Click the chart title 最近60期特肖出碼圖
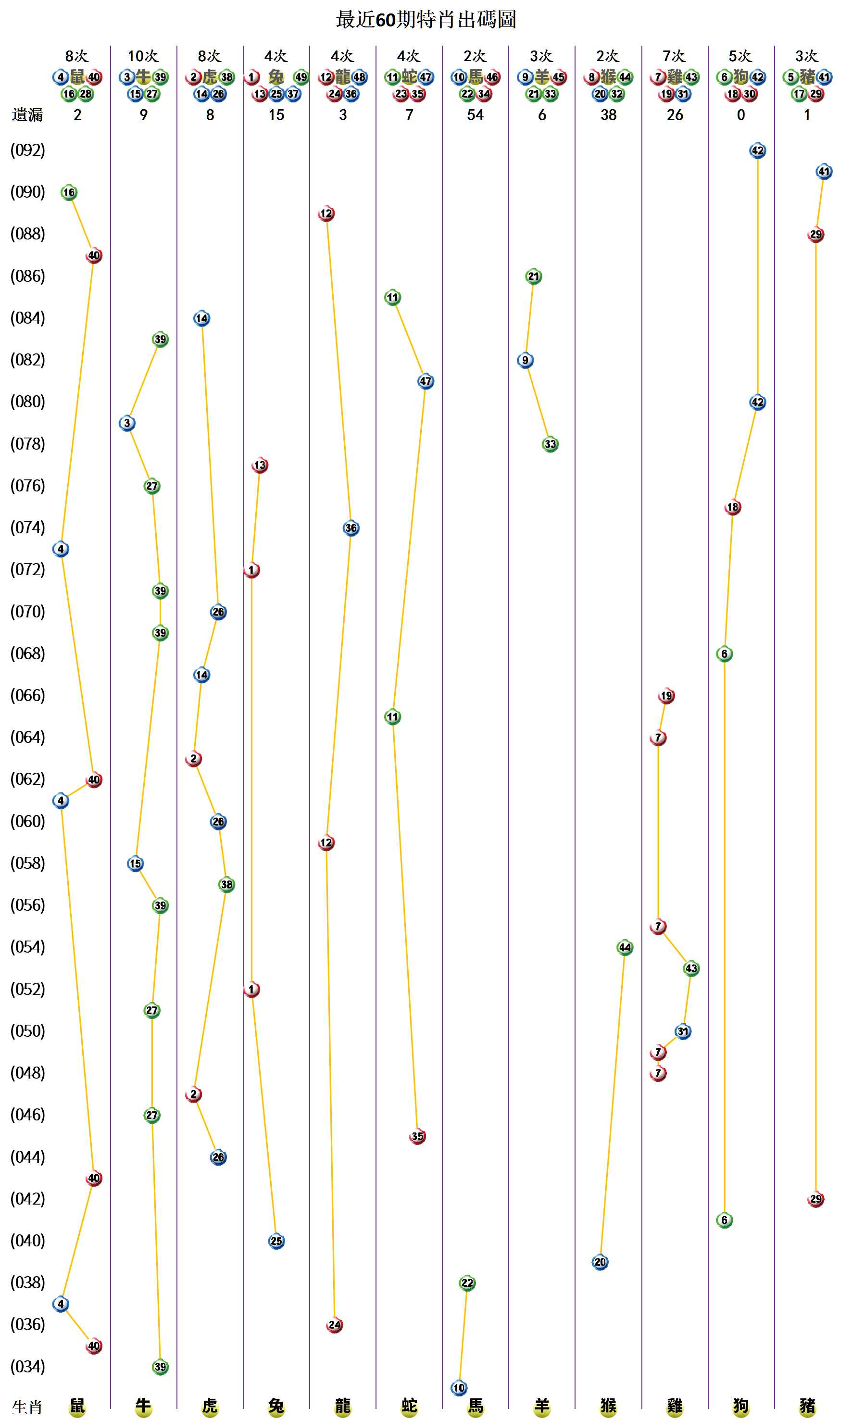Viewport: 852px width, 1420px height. tap(426, 20)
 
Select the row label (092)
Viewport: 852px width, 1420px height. tap(27, 151)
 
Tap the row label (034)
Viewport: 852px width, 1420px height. tap(27, 1366)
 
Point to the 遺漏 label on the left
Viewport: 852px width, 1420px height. tap(27, 115)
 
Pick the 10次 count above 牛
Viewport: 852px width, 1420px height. tap(143, 56)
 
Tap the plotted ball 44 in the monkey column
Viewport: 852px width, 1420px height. tap(625, 947)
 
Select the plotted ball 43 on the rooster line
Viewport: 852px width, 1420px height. tap(690, 968)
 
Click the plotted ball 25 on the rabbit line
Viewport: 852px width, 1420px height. tap(276, 1241)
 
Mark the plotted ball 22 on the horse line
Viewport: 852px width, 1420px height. tap(467, 1283)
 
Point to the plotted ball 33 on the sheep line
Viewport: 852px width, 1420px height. tap(550, 444)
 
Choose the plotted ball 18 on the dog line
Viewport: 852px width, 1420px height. tap(733, 507)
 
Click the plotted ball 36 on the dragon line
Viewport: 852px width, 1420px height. tap(351, 528)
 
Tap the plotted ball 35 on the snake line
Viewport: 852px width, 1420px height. tap(417, 1136)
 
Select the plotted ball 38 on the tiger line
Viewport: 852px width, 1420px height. tap(227, 884)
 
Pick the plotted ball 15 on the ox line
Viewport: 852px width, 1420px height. tap(135, 864)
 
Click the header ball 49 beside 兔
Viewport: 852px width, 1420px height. tap(301, 77)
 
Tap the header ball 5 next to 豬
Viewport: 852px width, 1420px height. tap(790, 77)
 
